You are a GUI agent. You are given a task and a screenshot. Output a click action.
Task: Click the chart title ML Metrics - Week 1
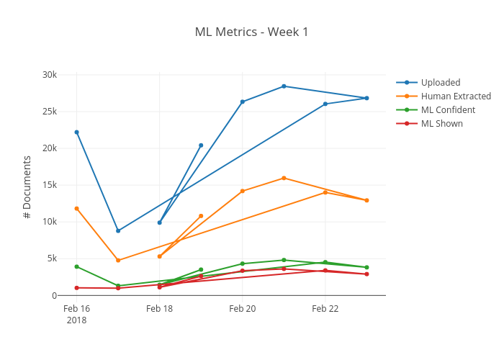[x=251, y=32]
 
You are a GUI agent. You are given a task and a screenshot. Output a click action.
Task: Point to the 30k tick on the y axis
[x=50, y=75]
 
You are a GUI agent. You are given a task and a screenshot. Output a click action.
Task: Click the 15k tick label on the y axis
[x=50, y=185]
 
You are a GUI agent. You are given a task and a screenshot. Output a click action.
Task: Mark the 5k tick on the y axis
[x=52, y=258]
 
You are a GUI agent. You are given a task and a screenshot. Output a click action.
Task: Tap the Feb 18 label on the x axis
[x=159, y=308]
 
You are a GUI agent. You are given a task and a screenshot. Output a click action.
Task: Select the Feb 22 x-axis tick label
[x=325, y=308]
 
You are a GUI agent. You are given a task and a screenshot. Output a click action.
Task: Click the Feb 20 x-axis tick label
[x=242, y=308]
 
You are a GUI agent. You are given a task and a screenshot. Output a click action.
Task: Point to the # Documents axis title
[x=27, y=186]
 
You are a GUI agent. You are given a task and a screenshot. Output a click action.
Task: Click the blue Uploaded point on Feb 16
[x=76, y=132]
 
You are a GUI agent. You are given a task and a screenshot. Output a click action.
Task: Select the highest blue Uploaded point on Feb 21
[x=284, y=86]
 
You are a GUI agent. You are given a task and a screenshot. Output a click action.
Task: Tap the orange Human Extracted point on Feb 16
[x=76, y=208]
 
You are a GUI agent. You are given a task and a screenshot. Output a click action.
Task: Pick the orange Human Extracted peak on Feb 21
[x=284, y=178]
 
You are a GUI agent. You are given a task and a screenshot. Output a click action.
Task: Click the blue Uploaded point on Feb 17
[x=118, y=230]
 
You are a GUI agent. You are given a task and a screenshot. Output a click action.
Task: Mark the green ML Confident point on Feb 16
[x=76, y=266]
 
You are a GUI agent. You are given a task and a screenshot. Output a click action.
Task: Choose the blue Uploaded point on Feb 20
[x=243, y=102]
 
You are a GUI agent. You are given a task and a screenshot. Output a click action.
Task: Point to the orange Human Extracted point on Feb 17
[x=118, y=260]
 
